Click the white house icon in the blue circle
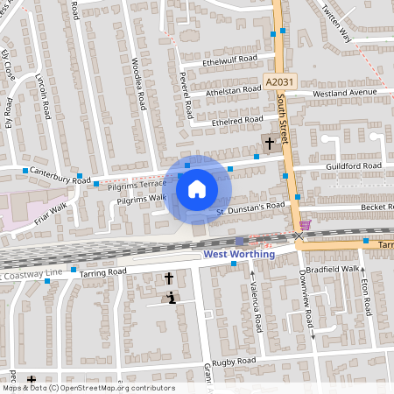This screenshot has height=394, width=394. (197, 188)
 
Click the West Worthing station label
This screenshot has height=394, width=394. (239, 254)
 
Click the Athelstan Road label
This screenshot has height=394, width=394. (234, 90)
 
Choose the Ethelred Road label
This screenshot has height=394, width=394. (237, 121)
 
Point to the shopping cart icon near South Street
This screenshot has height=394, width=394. (305, 223)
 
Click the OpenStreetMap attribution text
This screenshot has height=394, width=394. (88, 388)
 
